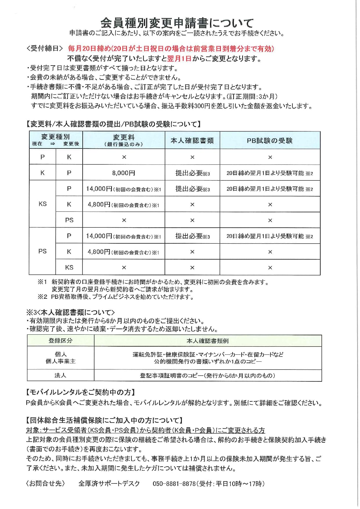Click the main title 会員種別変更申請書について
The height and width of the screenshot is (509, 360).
point(177,23)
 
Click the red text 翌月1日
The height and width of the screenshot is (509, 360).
point(179,59)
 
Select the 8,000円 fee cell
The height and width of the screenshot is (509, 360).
point(124,173)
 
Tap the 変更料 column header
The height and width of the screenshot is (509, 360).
point(124,140)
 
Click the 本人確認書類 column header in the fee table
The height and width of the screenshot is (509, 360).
point(192,141)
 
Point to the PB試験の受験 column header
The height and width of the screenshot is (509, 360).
point(269,141)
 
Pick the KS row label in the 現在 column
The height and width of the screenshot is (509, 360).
point(42,204)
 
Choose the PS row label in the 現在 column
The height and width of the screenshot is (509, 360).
point(42,251)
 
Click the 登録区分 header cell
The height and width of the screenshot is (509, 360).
point(60,341)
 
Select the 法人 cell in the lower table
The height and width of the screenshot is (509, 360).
point(60,375)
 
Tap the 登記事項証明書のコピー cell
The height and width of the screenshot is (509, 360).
point(207,376)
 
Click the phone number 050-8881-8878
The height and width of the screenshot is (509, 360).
point(174,484)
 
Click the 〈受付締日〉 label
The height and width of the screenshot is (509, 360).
point(44,48)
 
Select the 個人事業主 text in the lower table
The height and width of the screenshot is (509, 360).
point(60,361)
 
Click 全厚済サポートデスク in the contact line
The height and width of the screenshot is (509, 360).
point(109,484)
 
